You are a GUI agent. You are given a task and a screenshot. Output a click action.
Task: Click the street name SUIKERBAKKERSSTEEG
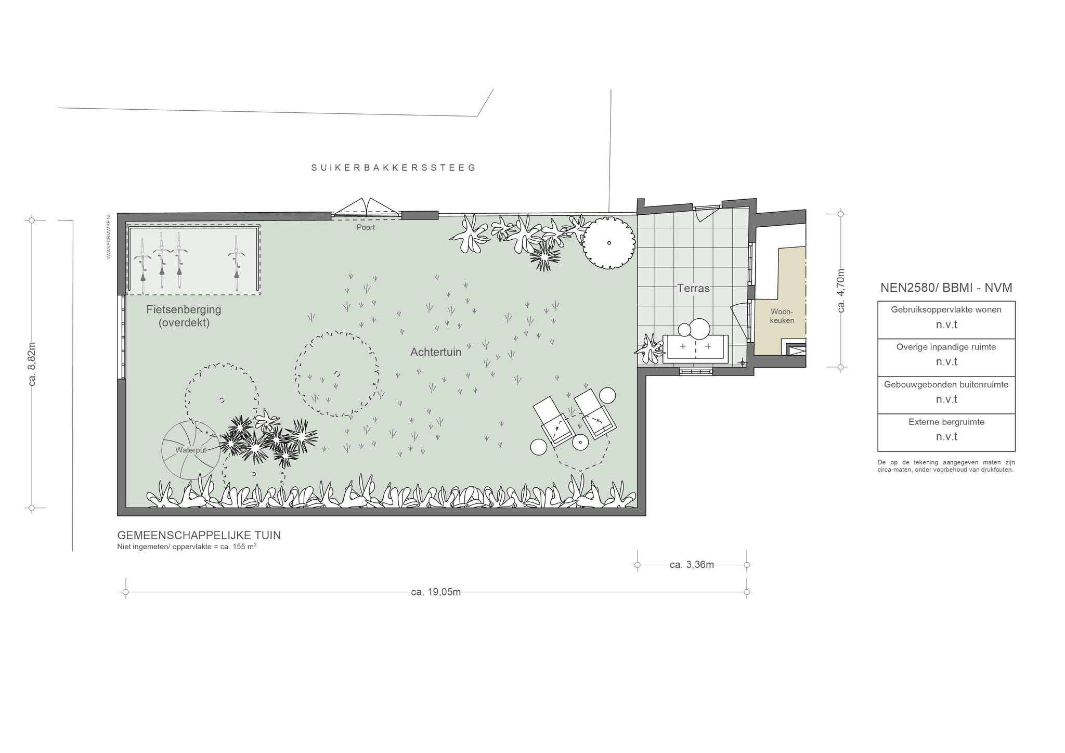394,167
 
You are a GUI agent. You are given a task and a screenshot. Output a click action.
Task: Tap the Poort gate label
366,227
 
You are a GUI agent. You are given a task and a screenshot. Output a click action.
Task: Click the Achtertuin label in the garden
436,352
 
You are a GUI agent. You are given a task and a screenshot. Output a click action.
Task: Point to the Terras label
693,288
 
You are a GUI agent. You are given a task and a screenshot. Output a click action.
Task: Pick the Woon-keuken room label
782,316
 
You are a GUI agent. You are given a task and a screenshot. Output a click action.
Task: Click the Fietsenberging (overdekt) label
184,316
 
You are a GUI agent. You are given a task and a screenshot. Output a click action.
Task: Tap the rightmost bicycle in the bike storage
237,263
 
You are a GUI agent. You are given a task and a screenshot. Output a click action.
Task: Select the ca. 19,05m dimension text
436,592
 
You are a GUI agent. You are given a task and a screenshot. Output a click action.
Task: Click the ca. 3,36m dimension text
692,565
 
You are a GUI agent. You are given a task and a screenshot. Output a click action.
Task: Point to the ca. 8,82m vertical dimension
32,364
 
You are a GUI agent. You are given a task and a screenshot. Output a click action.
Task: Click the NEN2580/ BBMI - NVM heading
946,288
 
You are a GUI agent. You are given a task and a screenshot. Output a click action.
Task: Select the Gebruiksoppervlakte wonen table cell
946,320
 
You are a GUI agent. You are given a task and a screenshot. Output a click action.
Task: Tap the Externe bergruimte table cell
946,433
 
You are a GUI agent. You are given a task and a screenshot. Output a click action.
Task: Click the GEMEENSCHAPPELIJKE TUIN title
199,535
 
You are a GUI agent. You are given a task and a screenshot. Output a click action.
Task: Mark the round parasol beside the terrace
608,242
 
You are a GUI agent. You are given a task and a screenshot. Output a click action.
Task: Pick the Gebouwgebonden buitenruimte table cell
946,395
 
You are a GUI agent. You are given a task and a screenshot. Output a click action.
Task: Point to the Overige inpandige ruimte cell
946,358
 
